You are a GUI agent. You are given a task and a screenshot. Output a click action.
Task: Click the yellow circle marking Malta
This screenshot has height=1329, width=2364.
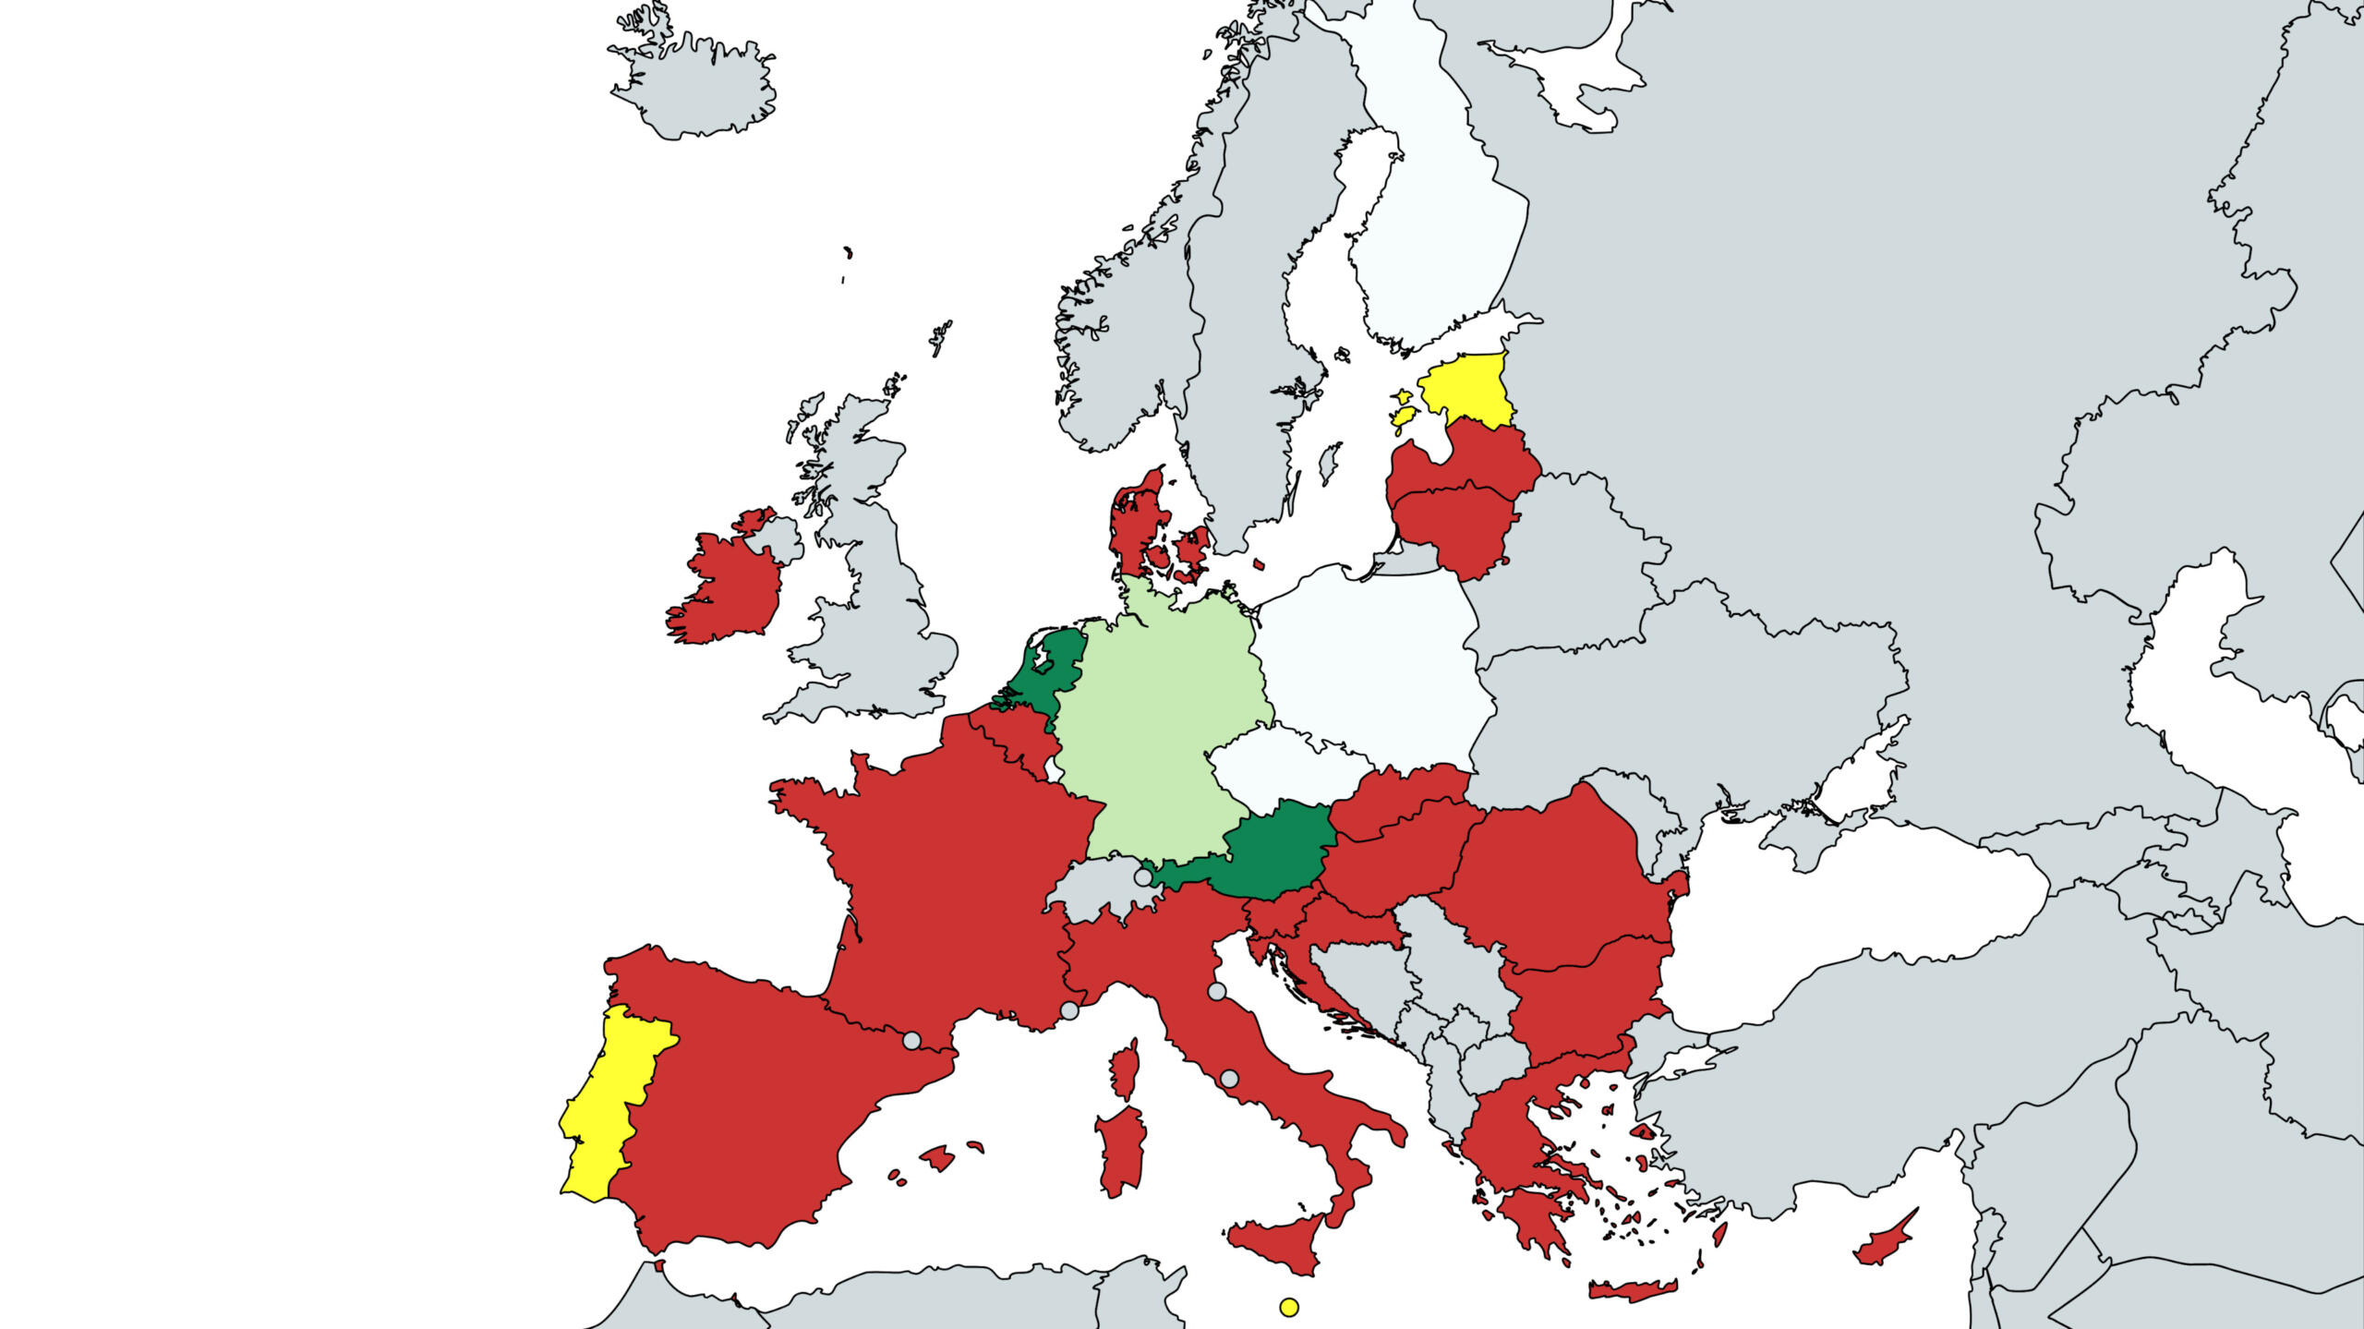(1289, 1307)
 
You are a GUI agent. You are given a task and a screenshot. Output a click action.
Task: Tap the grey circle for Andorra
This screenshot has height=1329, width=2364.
(911, 1041)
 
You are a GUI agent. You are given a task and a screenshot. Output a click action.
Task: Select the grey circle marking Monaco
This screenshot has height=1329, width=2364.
(1069, 1010)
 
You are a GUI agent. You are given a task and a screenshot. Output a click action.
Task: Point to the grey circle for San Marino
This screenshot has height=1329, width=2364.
(1217, 991)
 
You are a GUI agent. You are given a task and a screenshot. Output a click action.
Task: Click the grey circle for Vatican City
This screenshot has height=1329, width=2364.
(1229, 1078)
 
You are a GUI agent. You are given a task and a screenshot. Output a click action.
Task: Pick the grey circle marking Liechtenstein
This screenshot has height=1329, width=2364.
(1143, 876)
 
